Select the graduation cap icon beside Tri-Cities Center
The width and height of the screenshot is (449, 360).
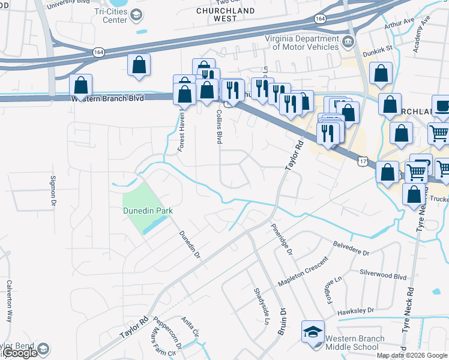136,15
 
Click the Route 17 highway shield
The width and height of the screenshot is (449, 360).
361,161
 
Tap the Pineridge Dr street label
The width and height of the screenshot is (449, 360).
281,239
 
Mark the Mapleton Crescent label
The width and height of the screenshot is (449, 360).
303,271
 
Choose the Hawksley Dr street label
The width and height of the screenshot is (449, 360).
355,310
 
